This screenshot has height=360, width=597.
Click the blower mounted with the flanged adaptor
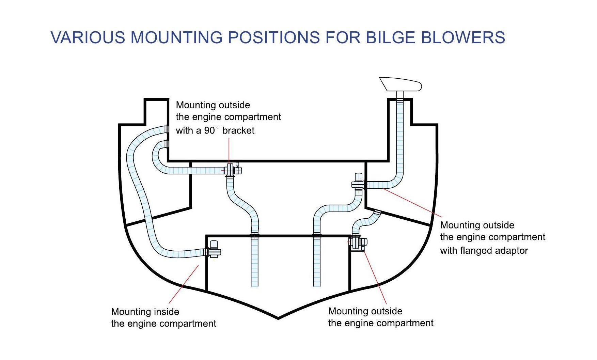(358, 183)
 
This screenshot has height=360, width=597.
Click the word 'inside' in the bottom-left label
(166, 312)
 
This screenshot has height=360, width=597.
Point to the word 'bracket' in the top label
(238, 130)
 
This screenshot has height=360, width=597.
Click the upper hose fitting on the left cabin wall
(166, 129)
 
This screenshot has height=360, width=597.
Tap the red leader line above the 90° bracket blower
(229, 150)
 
